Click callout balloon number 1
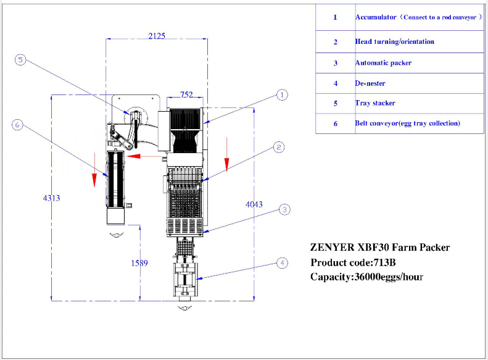(x=282, y=94)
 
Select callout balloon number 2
(x=279, y=147)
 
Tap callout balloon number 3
(x=283, y=210)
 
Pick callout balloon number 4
(x=282, y=263)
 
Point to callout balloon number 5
(x=20, y=60)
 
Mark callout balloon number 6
(x=17, y=125)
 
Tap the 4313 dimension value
(x=52, y=198)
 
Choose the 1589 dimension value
(x=139, y=263)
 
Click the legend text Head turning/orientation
(x=394, y=42)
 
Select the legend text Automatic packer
(x=383, y=63)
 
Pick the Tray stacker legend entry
(x=375, y=103)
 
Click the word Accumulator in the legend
(x=376, y=17)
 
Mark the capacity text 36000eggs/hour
(x=387, y=277)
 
